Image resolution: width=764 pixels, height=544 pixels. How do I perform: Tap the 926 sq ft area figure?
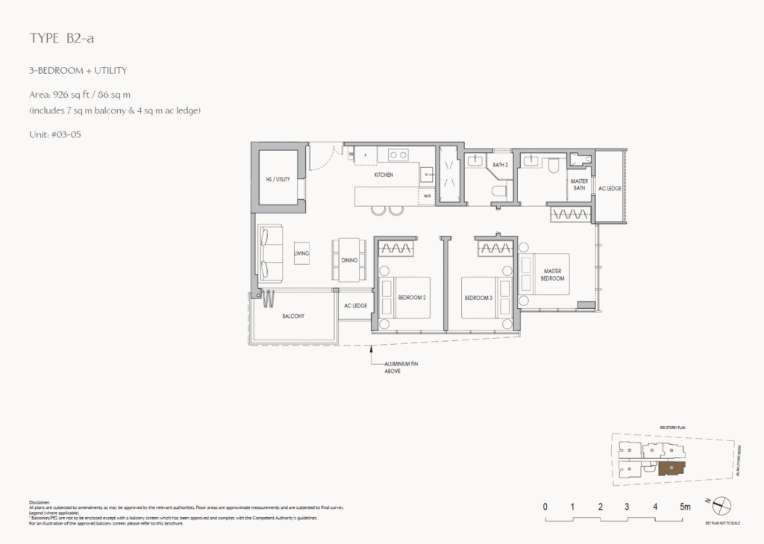point(70,95)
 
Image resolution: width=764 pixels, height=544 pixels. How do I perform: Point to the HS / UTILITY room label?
point(278,179)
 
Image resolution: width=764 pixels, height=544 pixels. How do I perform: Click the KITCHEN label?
point(383,175)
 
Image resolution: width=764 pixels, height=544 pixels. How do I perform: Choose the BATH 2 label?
point(500,165)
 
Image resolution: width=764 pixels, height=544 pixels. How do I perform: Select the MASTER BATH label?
point(579,184)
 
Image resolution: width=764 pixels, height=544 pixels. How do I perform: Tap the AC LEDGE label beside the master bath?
point(610,188)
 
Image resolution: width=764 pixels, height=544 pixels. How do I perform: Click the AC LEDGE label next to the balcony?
point(354,306)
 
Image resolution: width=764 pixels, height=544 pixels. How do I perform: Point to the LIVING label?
point(301,254)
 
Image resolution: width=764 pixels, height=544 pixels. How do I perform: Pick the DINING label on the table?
point(349,260)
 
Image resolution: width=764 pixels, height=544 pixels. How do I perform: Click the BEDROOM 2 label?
point(411,298)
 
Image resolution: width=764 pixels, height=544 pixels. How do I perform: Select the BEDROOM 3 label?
point(478,298)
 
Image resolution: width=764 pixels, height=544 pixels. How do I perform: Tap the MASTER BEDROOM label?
point(553,275)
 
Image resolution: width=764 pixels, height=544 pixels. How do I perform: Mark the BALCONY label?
point(293,316)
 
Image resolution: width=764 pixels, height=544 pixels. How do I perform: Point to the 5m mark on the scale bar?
point(685,507)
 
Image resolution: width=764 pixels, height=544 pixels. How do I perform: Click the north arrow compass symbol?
point(721,505)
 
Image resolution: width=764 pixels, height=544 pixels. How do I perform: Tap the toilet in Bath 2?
point(498,191)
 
